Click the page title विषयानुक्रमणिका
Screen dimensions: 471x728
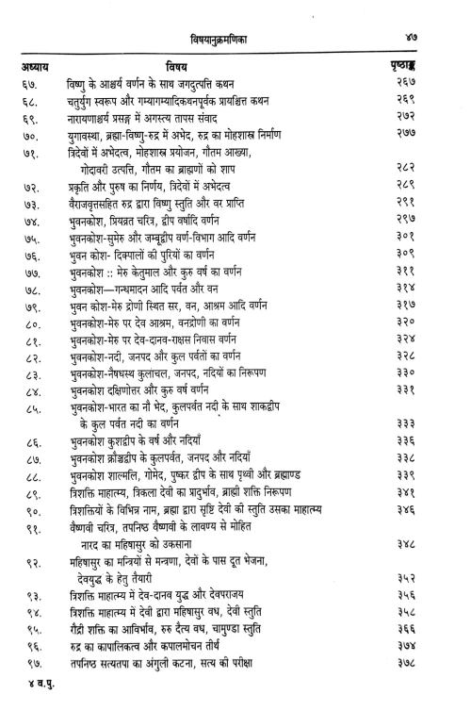click(x=239, y=38)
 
